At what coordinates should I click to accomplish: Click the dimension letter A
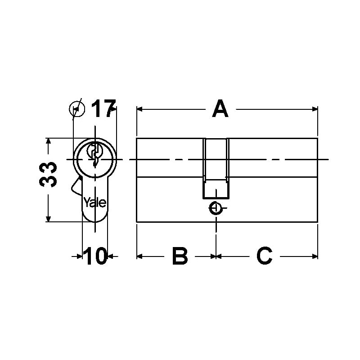(x=220, y=109)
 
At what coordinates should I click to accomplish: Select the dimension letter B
(x=179, y=256)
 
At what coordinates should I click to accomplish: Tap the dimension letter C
(x=264, y=256)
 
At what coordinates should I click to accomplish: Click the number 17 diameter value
(x=103, y=109)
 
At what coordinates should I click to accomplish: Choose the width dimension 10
(x=95, y=256)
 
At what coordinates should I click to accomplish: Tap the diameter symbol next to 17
(x=77, y=108)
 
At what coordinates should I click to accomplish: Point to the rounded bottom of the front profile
(x=95, y=219)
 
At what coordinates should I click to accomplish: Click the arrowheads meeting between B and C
(x=216, y=256)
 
